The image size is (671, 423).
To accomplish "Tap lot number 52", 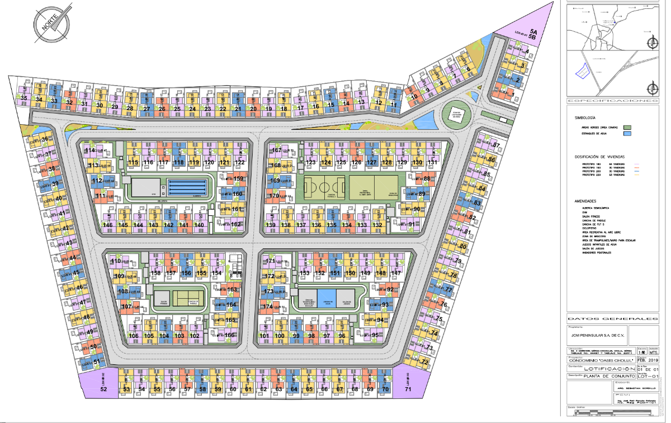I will coord(103,388).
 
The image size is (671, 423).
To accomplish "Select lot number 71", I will coord(408,388).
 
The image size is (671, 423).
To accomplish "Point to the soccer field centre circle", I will coord(325,188).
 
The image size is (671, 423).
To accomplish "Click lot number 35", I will coord(23,98).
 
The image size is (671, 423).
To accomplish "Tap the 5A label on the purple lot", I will coord(533,33).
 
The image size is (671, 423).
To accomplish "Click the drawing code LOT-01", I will coord(651,376).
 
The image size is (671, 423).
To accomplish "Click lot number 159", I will coord(238,179).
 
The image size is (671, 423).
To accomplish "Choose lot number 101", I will coord(265,336).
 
